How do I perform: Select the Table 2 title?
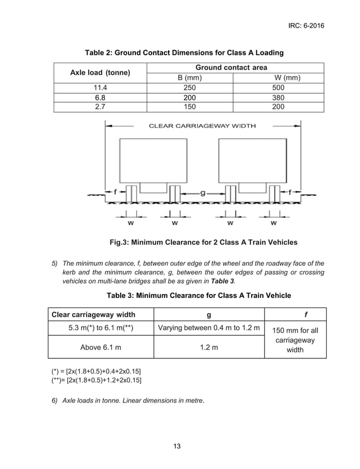(x=184, y=52)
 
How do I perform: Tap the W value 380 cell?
(x=278, y=97)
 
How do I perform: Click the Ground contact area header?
(x=235, y=68)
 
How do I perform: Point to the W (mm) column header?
(x=278, y=77)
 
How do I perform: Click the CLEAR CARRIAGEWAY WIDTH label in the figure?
(x=201, y=125)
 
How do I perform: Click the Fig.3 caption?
(x=203, y=243)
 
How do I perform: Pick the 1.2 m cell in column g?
(x=209, y=347)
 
